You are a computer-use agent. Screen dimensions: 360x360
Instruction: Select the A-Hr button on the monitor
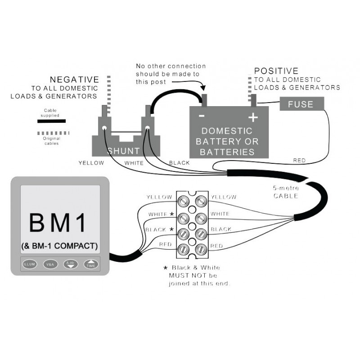(x=70, y=265)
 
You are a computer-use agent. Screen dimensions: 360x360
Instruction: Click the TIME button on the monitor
(x=91, y=265)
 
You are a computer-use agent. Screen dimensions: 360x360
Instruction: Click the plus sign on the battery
(x=253, y=117)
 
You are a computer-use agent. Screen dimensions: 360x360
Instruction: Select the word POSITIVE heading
(x=276, y=71)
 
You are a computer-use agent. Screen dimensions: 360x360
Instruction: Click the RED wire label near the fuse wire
(x=299, y=160)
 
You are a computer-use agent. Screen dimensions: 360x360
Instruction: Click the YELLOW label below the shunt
(x=91, y=162)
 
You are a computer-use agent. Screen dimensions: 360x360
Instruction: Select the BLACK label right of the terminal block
(x=221, y=229)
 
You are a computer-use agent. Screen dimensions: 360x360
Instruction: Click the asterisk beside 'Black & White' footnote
(x=165, y=267)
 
